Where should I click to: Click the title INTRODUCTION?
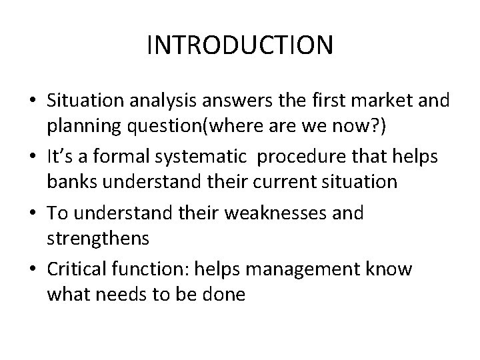[x=239, y=46]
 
